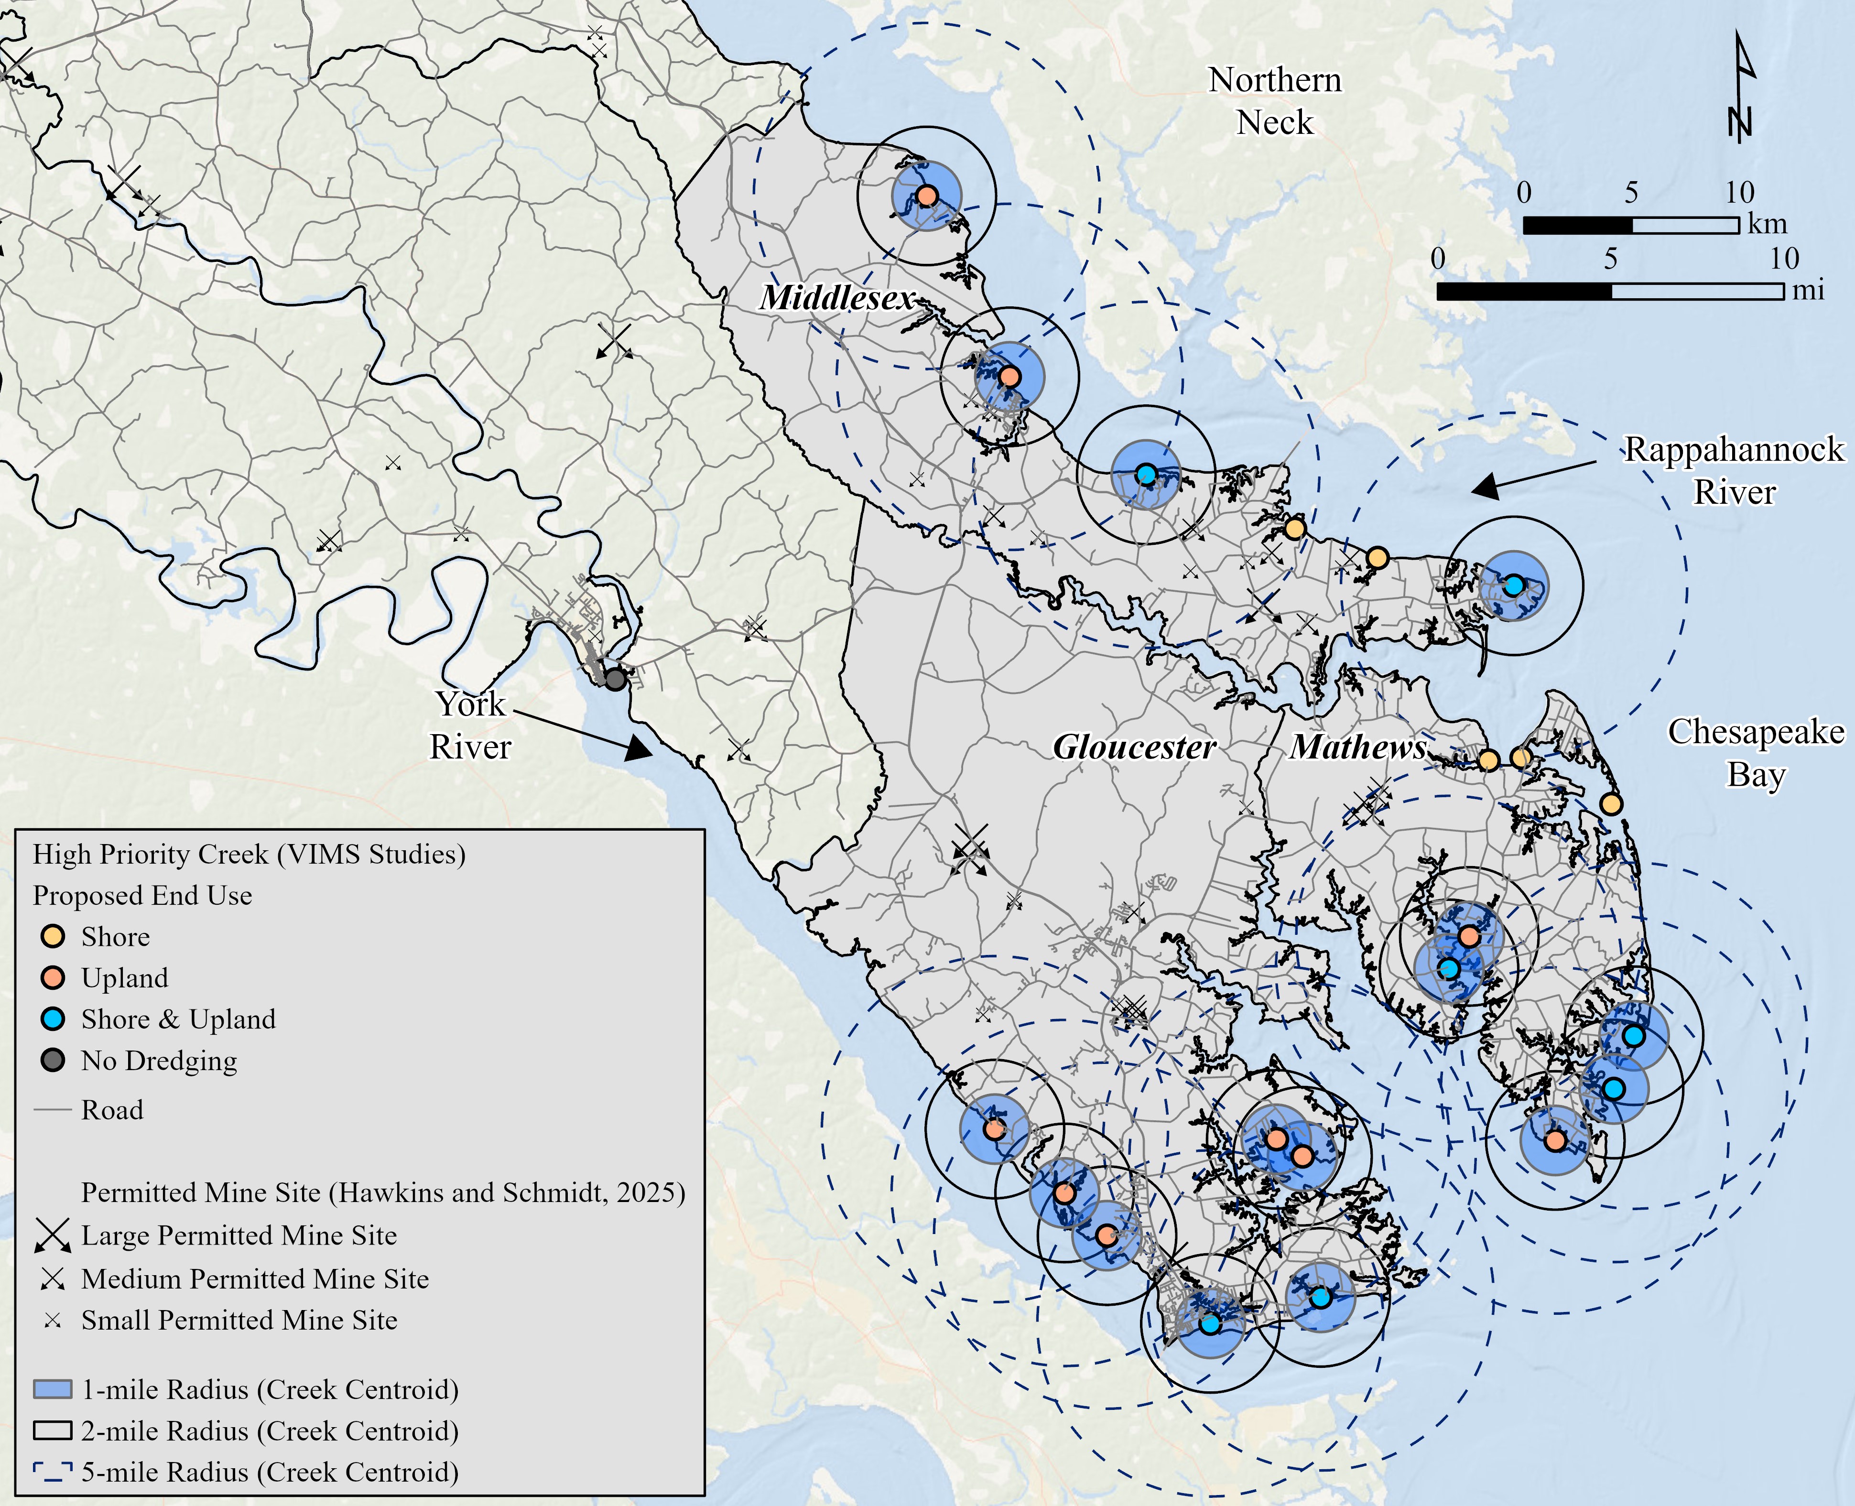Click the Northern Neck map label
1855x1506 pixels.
coord(1275,101)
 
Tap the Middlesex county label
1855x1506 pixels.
coord(837,298)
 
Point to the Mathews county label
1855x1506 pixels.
coord(1358,747)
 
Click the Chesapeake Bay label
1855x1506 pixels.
coord(1755,752)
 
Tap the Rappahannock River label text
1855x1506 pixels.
coord(1734,470)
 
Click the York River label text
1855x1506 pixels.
coord(470,725)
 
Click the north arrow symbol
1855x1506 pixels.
coord(1740,87)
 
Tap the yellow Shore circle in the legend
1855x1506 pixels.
coord(53,937)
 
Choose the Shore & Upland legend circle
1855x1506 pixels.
coord(53,1019)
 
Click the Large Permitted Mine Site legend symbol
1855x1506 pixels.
coord(53,1235)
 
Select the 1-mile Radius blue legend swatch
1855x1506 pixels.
coord(52,1390)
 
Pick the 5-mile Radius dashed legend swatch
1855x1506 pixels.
coord(52,1472)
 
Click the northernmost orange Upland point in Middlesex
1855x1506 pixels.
coord(927,195)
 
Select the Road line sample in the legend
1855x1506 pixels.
coord(52,1110)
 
